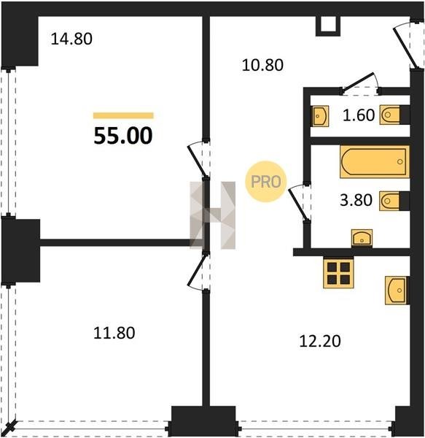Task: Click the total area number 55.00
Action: (123, 136)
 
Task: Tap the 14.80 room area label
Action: (71, 39)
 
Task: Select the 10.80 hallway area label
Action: (262, 65)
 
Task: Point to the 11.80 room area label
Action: (114, 333)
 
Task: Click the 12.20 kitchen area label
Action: (320, 341)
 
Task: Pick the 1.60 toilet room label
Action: (359, 115)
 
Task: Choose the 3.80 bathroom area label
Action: (356, 200)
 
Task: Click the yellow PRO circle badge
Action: (266, 182)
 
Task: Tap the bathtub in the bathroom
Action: (375, 161)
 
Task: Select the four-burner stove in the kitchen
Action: (338, 272)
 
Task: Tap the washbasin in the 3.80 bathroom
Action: (362, 238)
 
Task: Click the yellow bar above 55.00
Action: (123, 115)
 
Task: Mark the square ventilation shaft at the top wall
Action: (328, 26)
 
